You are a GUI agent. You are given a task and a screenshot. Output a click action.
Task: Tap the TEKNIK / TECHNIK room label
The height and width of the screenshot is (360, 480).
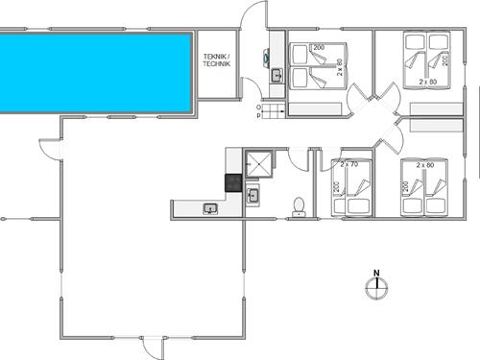[217, 60]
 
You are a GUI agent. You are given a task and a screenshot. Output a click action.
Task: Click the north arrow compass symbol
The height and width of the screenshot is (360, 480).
[376, 288]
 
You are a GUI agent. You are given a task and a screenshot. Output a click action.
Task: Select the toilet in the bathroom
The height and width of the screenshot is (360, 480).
[300, 206]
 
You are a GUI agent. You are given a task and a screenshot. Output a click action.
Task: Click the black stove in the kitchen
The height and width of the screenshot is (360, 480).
[232, 181]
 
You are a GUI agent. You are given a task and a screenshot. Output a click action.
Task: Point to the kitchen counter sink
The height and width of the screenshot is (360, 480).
[210, 208]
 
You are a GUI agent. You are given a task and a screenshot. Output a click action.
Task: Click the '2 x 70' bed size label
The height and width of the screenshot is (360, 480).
[348, 165]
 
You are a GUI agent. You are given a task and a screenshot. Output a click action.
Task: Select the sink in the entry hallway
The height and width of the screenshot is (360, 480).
[275, 74]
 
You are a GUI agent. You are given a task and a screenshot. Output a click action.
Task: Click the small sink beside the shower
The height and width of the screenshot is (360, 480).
[253, 196]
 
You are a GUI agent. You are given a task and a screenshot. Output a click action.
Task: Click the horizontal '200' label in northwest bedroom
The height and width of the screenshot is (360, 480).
[319, 47]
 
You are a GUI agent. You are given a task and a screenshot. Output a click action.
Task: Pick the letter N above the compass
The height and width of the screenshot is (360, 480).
[376, 272]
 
